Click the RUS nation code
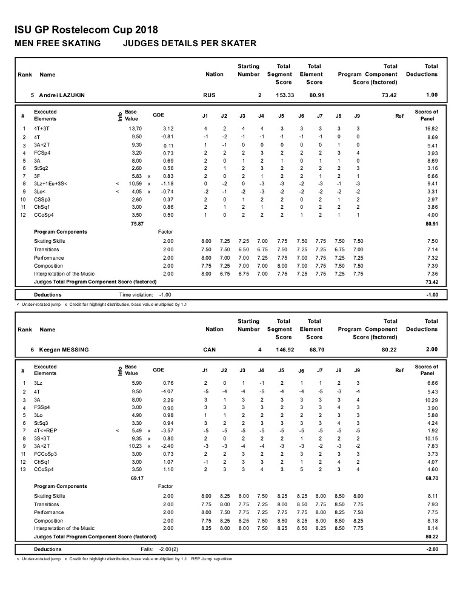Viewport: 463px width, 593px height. (x=209, y=95)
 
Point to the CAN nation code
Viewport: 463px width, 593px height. (x=209, y=350)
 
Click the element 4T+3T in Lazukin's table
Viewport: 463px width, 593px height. (x=42, y=129)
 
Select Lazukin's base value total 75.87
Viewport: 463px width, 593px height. (x=138, y=223)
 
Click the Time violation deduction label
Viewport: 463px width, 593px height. (x=135, y=295)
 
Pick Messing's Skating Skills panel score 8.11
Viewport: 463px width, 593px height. (x=431, y=496)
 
